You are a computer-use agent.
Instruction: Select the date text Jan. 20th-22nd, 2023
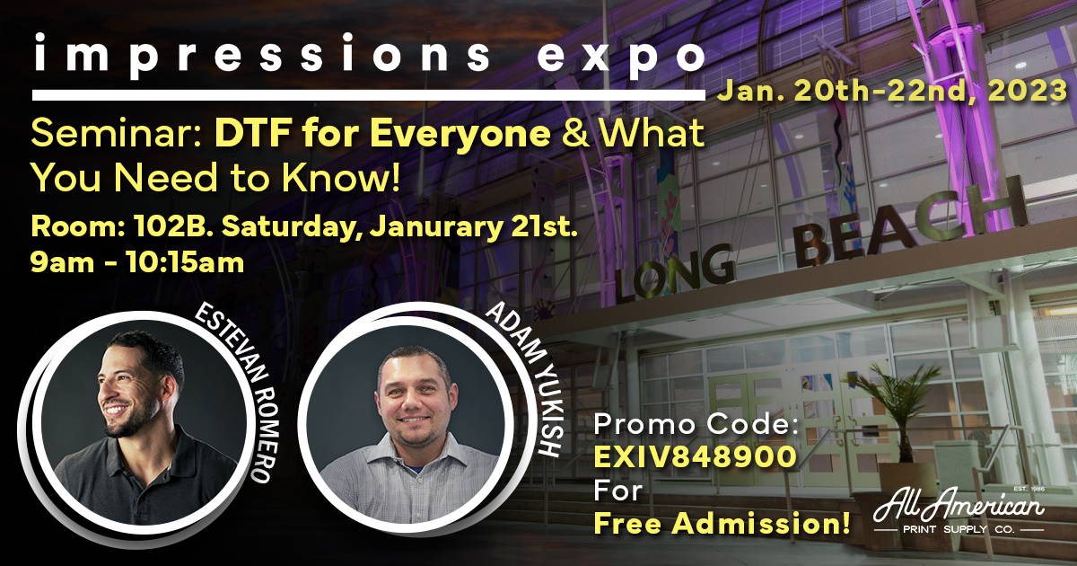point(892,90)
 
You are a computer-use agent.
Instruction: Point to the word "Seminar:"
point(118,133)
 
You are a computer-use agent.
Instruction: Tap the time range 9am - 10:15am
point(137,263)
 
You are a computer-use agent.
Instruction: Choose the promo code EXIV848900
point(696,456)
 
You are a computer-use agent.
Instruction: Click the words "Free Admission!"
point(722,523)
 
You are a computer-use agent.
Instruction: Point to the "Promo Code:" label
point(696,424)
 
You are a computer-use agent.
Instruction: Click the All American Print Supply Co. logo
point(959,511)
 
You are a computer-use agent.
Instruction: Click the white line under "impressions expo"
point(368,95)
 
